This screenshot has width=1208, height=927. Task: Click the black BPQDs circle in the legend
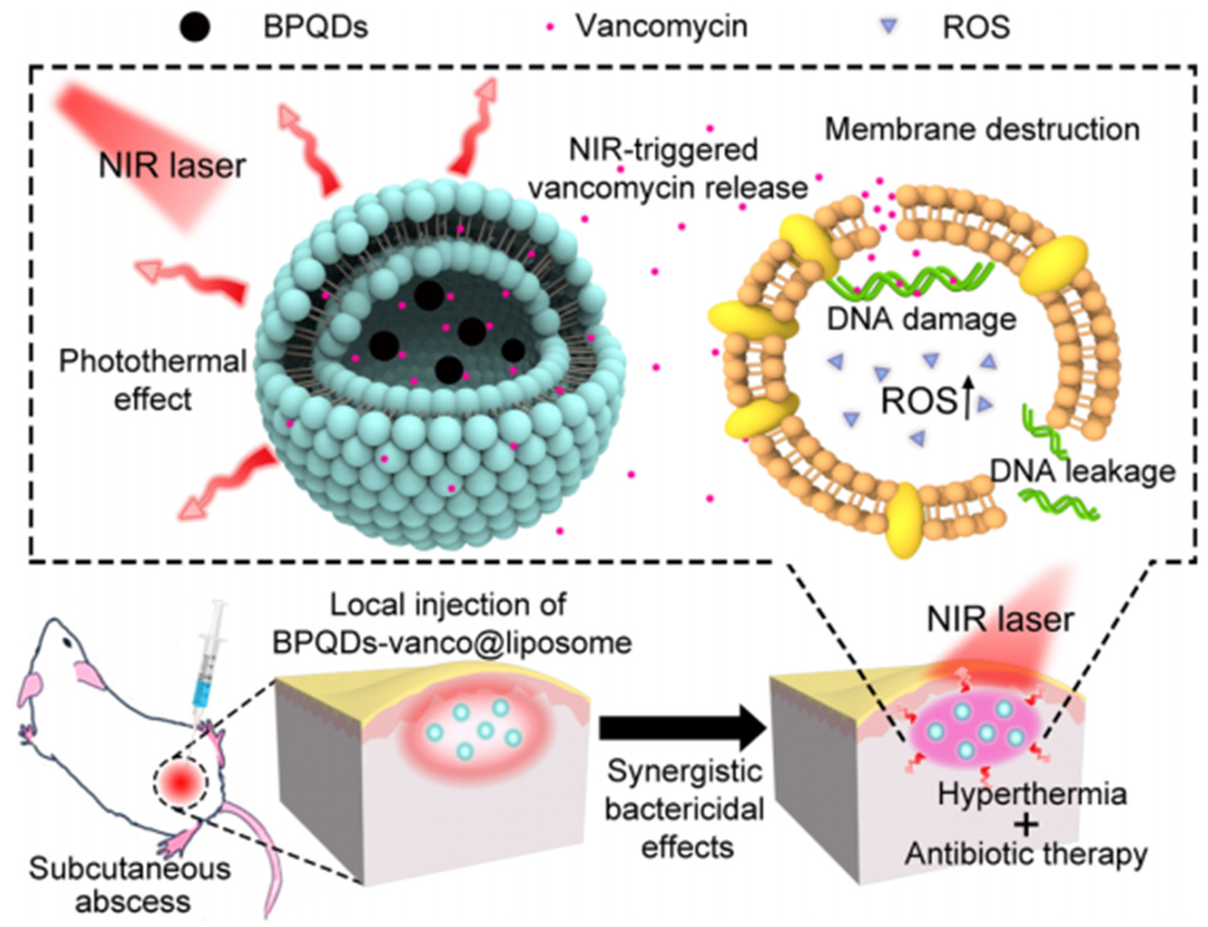coord(194,26)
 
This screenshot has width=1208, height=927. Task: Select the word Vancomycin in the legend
coord(661,26)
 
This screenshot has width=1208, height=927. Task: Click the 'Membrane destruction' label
coord(982,129)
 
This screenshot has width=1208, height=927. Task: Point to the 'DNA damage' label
coord(921,319)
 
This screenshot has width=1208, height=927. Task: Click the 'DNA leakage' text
coord(1082,472)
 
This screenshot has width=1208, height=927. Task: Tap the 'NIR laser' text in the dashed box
coord(172,166)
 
